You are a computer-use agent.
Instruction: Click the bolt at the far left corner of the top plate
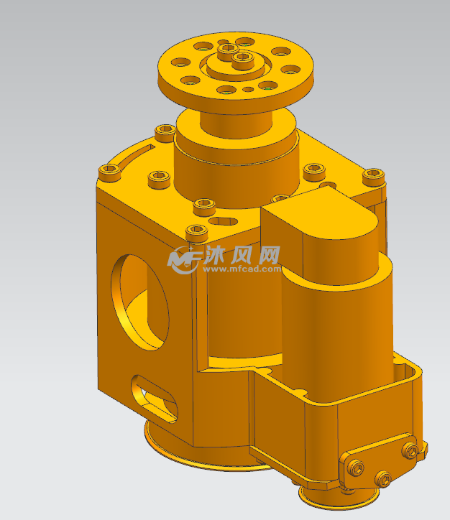pos(110,170)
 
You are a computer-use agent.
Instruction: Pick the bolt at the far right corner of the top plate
pos(373,175)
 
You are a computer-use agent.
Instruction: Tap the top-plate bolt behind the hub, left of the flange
pos(165,129)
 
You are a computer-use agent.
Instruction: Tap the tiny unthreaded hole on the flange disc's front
pos(247,90)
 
